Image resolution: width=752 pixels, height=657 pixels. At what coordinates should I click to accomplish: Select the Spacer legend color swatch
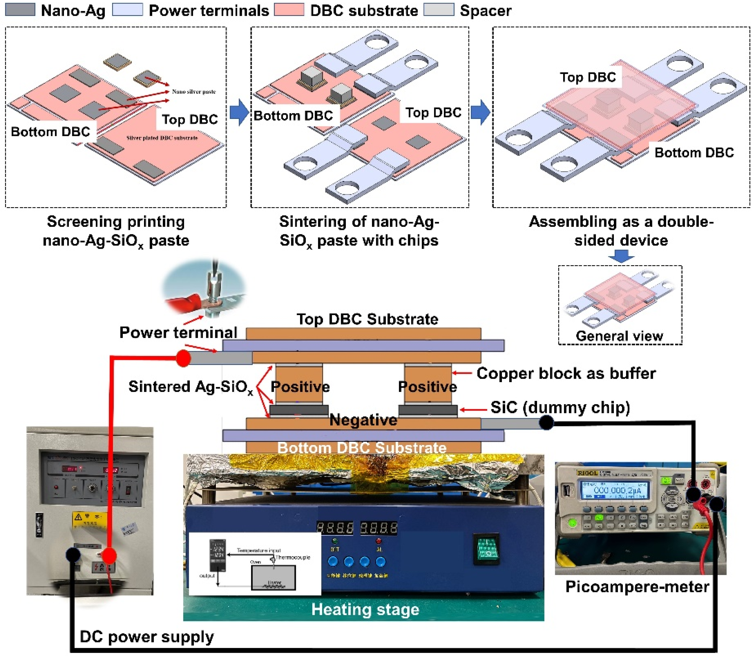pyautogui.click(x=438, y=9)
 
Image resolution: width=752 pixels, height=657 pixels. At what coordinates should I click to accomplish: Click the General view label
pyautogui.click(x=619, y=336)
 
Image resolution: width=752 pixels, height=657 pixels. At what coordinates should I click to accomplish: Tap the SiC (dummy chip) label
pyautogui.click(x=560, y=407)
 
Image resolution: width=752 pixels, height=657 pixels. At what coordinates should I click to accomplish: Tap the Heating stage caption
pyautogui.click(x=365, y=609)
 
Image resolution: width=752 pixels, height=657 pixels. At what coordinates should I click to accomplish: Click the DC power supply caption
pyautogui.click(x=147, y=637)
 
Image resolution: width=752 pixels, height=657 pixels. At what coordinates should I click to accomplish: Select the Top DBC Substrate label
pyautogui.click(x=367, y=319)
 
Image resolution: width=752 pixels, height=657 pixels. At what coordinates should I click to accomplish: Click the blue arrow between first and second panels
pyautogui.click(x=239, y=112)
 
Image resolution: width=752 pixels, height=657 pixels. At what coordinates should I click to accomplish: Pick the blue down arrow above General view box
pyautogui.click(x=621, y=256)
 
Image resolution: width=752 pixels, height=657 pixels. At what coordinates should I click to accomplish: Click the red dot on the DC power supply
pyautogui.click(x=108, y=556)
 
